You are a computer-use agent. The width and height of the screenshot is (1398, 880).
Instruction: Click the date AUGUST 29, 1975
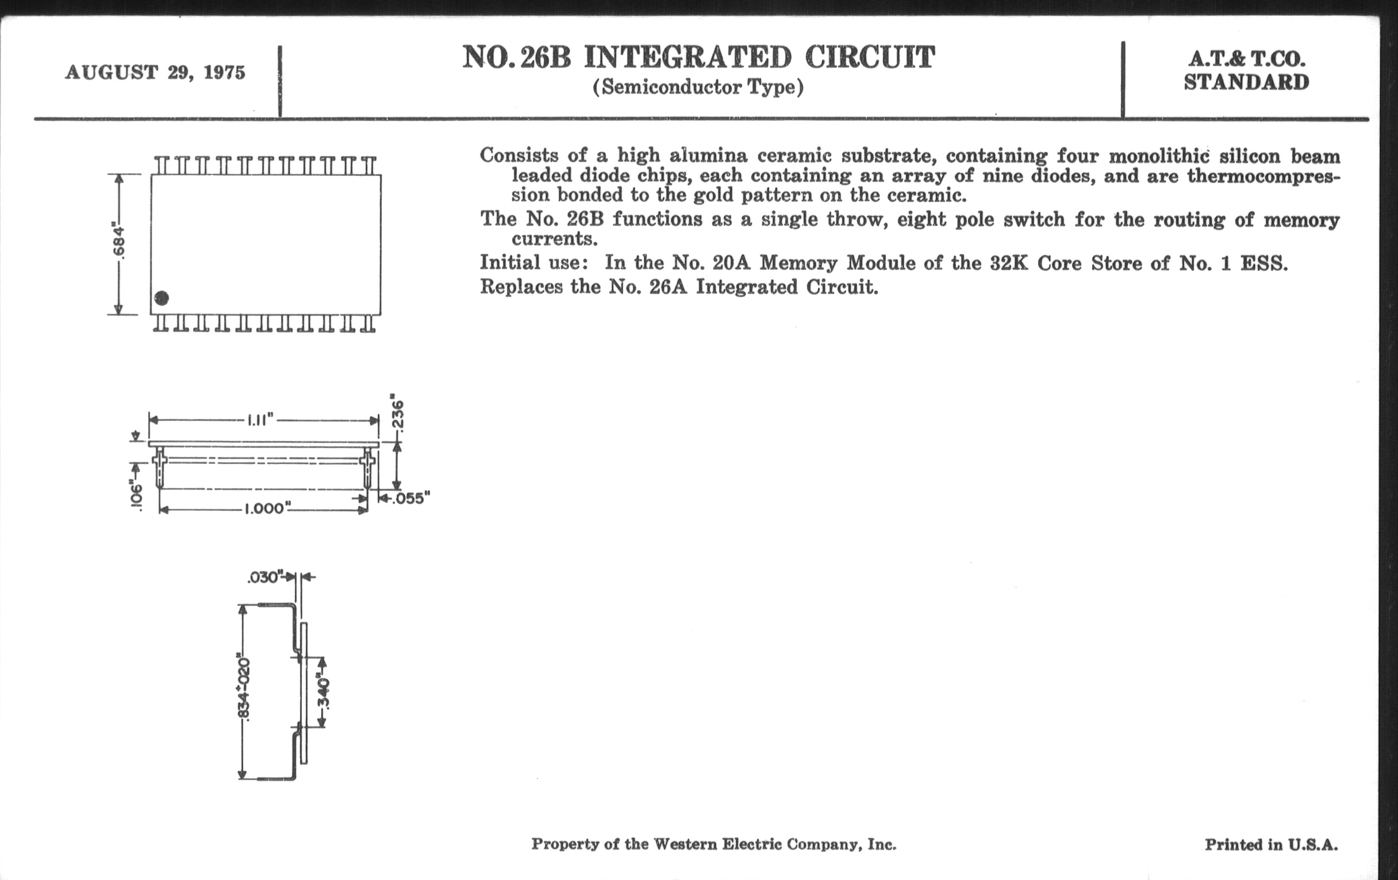click(x=155, y=72)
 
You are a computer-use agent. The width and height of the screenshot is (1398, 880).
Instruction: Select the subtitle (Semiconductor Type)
click(x=698, y=87)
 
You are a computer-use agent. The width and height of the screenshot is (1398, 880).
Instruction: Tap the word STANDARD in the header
click(x=1246, y=82)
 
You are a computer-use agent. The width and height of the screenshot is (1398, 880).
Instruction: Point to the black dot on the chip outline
click(x=162, y=298)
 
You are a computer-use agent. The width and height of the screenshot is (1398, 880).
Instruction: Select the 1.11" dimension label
click(x=259, y=420)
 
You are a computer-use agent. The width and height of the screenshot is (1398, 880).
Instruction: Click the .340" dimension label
click(x=323, y=692)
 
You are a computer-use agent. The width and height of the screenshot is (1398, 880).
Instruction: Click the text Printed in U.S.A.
click(x=1271, y=844)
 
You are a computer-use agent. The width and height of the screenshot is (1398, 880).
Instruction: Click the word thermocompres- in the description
click(x=1263, y=175)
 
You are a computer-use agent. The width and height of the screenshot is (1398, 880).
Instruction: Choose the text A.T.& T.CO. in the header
click(x=1246, y=59)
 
